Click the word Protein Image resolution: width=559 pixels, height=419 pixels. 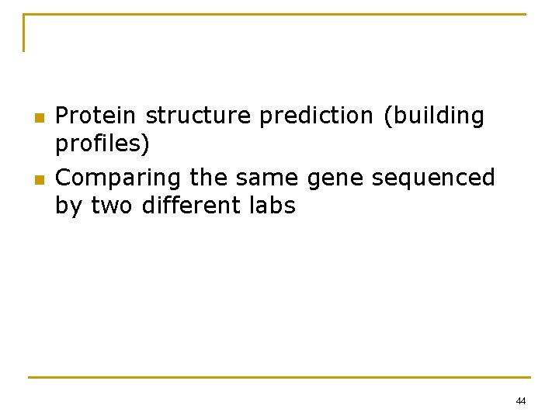pyautogui.click(x=96, y=116)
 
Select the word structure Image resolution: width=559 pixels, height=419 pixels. pyautogui.click(x=199, y=116)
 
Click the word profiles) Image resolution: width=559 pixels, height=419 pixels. pyautogui.click(x=102, y=144)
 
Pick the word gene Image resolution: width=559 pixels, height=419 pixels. pyautogui.click(x=337, y=179)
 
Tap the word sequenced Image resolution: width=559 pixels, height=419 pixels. pyautogui.click(x=433, y=178)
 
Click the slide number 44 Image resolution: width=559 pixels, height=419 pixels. pyautogui.click(x=520, y=401)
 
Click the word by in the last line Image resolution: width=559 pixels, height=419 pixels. pyautogui.click(x=70, y=207)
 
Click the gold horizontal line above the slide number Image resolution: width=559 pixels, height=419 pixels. pyautogui.click(x=279, y=377)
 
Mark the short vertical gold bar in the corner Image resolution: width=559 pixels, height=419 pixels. pyautogui.click(x=24, y=33)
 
